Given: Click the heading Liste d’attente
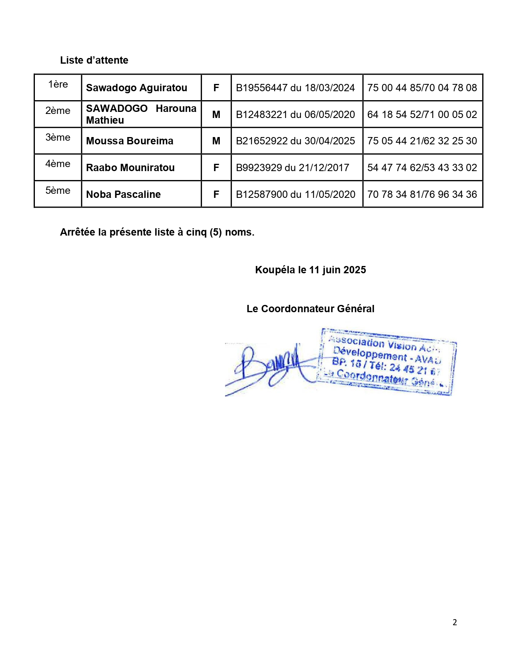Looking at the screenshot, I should tap(94, 60).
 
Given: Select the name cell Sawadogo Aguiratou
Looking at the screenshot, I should tap(137, 88).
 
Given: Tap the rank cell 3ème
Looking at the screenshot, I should tap(58, 137).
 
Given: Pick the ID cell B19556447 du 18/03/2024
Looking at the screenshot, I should tap(295, 88).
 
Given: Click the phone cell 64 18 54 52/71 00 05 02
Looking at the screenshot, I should tap(422, 114).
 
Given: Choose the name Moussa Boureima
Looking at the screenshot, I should tap(130, 141).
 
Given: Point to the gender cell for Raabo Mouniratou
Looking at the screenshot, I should tap(216, 167).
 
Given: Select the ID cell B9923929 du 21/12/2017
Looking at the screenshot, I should tap(292, 167).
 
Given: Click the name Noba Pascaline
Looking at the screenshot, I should tap(123, 194).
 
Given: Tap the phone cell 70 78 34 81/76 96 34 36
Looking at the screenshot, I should tap(422, 194).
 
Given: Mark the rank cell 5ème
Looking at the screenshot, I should tap(58, 191).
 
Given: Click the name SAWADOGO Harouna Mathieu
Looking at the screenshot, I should tap(141, 114).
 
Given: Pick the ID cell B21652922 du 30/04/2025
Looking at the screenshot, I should tap(295, 141).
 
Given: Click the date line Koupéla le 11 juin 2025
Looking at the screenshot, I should tap(310, 270).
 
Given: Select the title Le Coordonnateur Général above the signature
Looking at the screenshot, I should tap(310, 309).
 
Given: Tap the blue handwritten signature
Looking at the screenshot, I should tap(268, 367).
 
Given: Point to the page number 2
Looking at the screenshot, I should tap(455, 622).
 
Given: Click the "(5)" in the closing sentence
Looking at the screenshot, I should tap(215, 232).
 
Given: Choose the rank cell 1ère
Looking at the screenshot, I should tap(58, 84).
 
